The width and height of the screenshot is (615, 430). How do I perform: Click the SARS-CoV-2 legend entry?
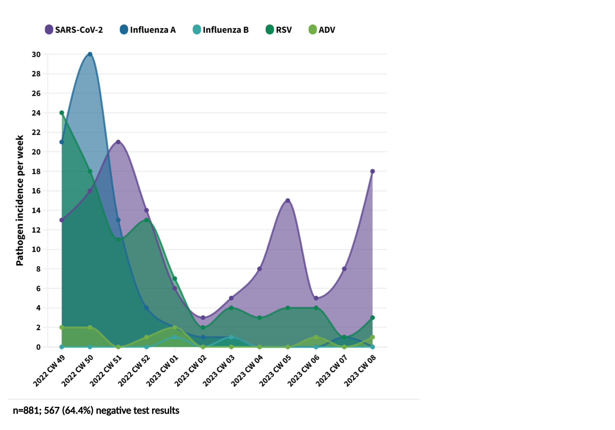click(x=74, y=30)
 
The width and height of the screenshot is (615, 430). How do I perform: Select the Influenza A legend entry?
click(x=148, y=30)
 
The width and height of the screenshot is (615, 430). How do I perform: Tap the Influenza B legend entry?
click(x=221, y=30)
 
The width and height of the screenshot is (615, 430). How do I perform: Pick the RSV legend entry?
click(x=279, y=30)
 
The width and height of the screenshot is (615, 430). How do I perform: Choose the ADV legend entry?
click(x=322, y=30)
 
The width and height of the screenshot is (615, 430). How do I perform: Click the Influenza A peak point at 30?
click(x=90, y=54)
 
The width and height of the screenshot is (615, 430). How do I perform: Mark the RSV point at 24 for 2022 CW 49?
click(x=61, y=113)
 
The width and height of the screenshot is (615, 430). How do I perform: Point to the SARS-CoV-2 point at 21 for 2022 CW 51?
click(x=118, y=142)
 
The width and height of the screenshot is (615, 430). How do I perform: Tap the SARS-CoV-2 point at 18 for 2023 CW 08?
click(x=372, y=171)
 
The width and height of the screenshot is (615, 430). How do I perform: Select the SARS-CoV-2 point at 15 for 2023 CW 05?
click(x=288, y=200)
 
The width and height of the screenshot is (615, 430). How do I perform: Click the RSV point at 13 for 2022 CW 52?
click(x=147, y=220)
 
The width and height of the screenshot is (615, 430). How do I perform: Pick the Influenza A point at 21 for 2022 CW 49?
click(x=61, y=142)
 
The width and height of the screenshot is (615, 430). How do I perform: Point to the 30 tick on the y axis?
click(x=36, y=54)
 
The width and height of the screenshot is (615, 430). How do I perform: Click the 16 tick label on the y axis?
click(x=36, y=191)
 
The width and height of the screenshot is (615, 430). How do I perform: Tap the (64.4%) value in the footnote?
click(x=77, y=411)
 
